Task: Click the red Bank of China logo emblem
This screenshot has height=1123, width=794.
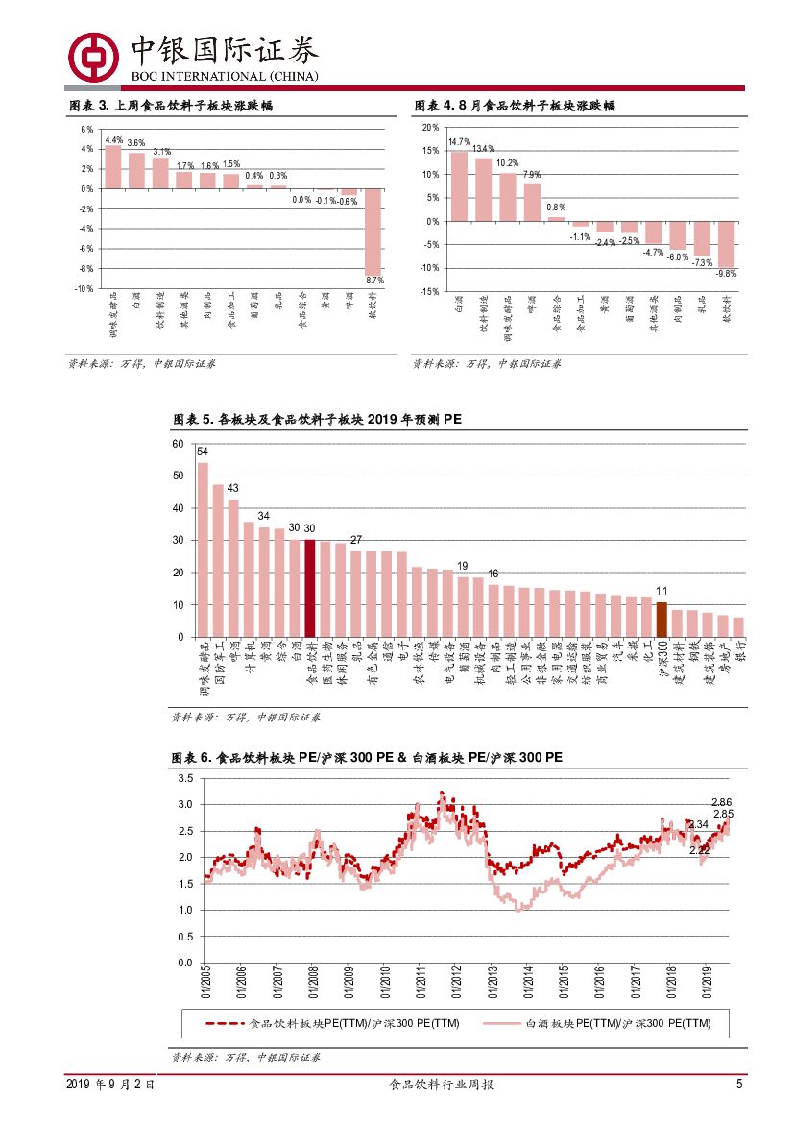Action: pyautogui.click(x=93, y=58)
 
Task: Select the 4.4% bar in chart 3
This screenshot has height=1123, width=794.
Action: pyautogui.click(x=113, y=167)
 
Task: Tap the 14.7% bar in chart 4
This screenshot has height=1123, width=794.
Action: pyautogui.click(x=459, y=186)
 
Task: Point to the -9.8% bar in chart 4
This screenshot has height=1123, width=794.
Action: pyautogui.click(x=727, y=244)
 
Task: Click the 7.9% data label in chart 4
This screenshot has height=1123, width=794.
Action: pyautogui.click(x=531, y=175)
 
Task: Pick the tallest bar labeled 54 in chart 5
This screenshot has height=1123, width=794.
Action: pyautogui.click(x=203, y=549)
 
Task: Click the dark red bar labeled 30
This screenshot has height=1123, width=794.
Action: pyautogui.click(x=310, y=588)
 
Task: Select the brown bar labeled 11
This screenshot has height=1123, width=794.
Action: pyautogui.click(x=662, y=620)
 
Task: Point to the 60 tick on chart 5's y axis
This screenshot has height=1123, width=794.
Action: pyautogui.click(x=177, y=444)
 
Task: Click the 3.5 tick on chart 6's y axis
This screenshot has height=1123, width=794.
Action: pyautogui.click(x=185, y=778)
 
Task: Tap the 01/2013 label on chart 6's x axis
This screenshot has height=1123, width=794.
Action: pyautogui.click(x=492, y=985)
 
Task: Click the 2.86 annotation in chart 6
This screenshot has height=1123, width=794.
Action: pyautogui.click(x=721, y=802)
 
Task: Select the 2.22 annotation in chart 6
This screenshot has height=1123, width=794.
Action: pyautogui.click(x=699, y=850)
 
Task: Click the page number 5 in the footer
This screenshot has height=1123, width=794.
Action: pyautogui.click(x=739, y=1085)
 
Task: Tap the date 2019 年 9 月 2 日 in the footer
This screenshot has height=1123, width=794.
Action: pyautogui.click(x=110, y=1085)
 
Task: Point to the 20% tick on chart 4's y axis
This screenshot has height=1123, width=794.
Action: pyautogui.click(x=430, y=128)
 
